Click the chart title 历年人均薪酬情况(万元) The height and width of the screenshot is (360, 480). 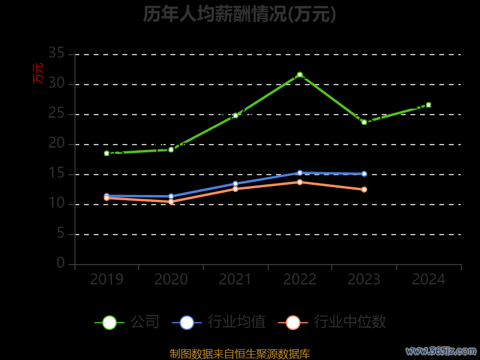pyautogui.click(x=239, y=14)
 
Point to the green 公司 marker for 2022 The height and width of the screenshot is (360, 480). pyautogui.click(x=300, y=75)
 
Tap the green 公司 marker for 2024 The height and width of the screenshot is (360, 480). pyautogui.click(x=428, y=105)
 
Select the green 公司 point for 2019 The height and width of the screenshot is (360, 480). pyautogui.click(x=107, y=153)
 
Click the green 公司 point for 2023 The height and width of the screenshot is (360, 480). pyautogui.click(x=364, y=122)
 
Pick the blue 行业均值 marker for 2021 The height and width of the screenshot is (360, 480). pyautogui.click(x=235, y=184)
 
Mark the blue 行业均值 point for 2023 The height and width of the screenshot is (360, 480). pyautogui.click(x=364, y=174)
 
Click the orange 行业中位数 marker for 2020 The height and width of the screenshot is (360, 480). pyautogui.click(x=171, y=202)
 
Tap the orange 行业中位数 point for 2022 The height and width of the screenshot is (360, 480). pyautogui.click(x=300, y=182)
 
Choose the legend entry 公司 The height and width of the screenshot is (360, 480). pyautogui.click(x=127, y=322)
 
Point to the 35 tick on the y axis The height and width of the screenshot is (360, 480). pyautogui.click(x=56, y=53)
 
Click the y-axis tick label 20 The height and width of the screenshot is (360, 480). pyautogui.click(x=56, y=143)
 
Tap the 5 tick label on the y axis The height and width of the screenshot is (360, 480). pyautogui.click(x=61, y=233)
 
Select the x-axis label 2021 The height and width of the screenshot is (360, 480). pyautogui.click(x=235, y=280)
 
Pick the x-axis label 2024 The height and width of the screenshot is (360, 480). pyautogui.click(x=428, y=280)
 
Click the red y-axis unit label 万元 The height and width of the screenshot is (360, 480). pyautogui.click(x=38, y=73)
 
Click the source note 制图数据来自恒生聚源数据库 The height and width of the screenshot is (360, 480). pyautogui.click(x=239, y=354)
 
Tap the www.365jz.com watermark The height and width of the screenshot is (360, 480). pyautogui.click(x=441, y=350)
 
